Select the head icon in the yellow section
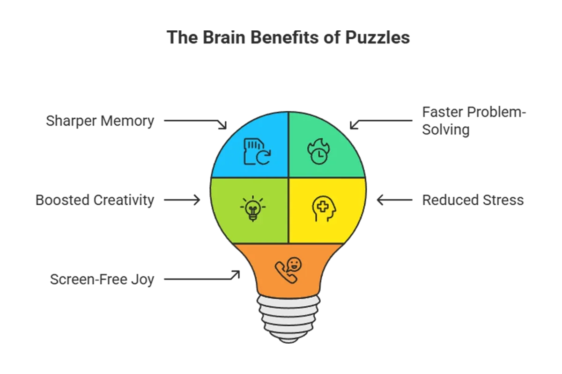324,208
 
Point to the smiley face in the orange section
295,265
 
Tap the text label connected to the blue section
99,121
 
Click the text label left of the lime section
94,200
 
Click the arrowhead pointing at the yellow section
380,201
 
